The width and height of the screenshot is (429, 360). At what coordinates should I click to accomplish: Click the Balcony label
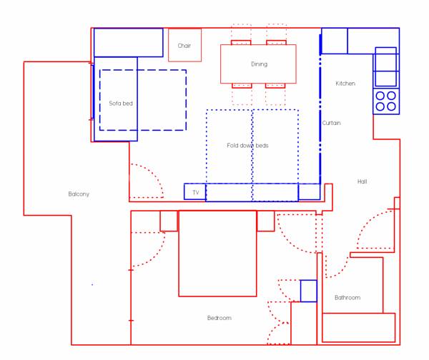pyautogui.click(x=79, y=194)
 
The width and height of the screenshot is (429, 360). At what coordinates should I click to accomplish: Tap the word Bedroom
pyautogui.click(x=220, y=318)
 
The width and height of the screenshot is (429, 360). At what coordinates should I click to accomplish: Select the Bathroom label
pyautogui.click(x=347, y=297)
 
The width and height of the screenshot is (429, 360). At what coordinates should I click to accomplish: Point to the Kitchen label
pyautogui.click(x=345, y=84)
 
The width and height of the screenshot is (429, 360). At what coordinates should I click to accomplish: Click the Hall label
pyautogui.click(x=362, y=181)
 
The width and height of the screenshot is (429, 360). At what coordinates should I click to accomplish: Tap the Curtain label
pyautogui.click(x=331, y=123)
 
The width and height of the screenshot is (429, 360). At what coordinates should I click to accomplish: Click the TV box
pyautogui.click(x=194, y=191)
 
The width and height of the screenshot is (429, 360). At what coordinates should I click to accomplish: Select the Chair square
pyautogui.click(x=184, y=45)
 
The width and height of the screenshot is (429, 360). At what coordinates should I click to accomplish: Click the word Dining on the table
pyautogui.click(x=259, y=64)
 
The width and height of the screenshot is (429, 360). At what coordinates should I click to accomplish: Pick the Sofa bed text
pyautogui.click(x=121, y=104)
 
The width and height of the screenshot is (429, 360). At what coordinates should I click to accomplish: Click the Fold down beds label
pyautogui.click(x=247, y=146)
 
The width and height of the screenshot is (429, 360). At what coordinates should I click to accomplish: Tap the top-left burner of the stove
pyautogui.click(x=380, y=96)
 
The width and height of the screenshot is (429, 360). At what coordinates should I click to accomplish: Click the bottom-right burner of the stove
pyautogui.click(x=391, y=106)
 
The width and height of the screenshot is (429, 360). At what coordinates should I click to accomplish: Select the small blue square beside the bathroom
pyautogui.click(x=309, y=291)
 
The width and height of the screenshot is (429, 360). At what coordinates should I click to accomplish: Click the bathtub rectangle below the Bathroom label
pyautogui.click(x=359, y=327)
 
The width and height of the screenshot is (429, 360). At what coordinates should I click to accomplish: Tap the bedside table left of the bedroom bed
pyautogui.click(x=169, y=221)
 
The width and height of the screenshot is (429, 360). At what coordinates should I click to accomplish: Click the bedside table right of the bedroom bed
pyautogui.click(x=266, y=221)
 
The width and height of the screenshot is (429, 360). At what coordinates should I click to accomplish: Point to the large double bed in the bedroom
pyautogui.click(x=217, y=254)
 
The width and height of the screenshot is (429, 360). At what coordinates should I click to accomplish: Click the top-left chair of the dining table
pyautogui.click(x=241, y=43)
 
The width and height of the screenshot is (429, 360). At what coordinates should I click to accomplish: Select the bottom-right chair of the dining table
pyautogui.click(x=275, y=86)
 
